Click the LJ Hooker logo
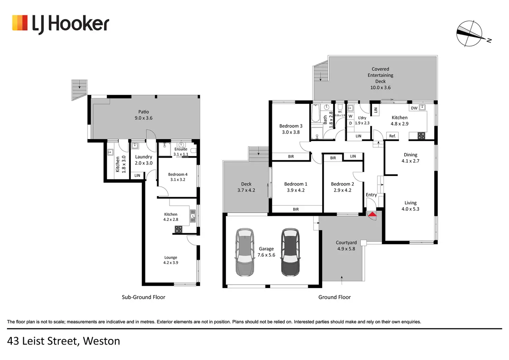click(x=61, y=24)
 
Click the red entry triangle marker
click(x=372, y=214)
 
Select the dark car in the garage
click(x=290, y=252)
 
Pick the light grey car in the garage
click(x=244, y=252)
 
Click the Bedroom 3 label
click(x=290, y=129)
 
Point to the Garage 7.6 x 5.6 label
click(x=266, y=252)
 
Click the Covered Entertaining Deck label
click(x=380, y=78)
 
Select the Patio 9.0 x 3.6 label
click(x=144, y=115)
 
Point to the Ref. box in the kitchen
click(x=392, y=136)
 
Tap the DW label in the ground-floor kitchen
click(x=414, y=108)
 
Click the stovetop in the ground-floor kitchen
click(x=421, y=136)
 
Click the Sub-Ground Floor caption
click(x=144, y=297)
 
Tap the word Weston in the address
click(x=101, y=341)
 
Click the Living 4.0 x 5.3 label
click(x=410, y=206)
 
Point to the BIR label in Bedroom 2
click(x=333, y=158)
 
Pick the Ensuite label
click(x=181, y=149)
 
